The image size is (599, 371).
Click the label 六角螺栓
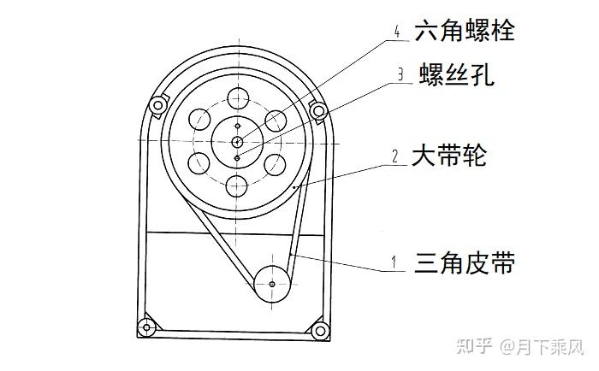point(464,32)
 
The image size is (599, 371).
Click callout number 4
point(397,32)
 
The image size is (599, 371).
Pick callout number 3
point(400,74)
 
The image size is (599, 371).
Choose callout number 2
point(394,157)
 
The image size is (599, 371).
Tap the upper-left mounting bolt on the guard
point(157,106)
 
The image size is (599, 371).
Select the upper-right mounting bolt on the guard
point(317,109)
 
